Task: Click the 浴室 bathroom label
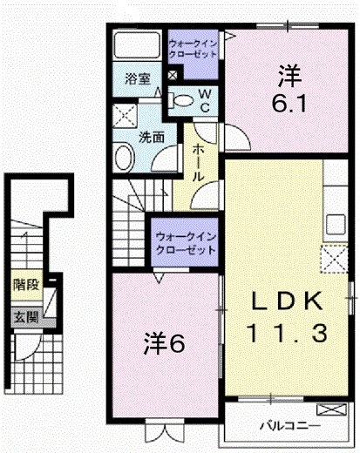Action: tap(137, 78)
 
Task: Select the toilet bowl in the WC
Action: tap(181, 101)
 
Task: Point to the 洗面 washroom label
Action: tap(151, 136)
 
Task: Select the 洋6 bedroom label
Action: tap(164, 343)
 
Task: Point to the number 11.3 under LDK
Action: tap(288, 332)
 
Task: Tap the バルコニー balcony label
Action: tap(289, 426)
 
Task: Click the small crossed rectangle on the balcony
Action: tap(331, 409)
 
